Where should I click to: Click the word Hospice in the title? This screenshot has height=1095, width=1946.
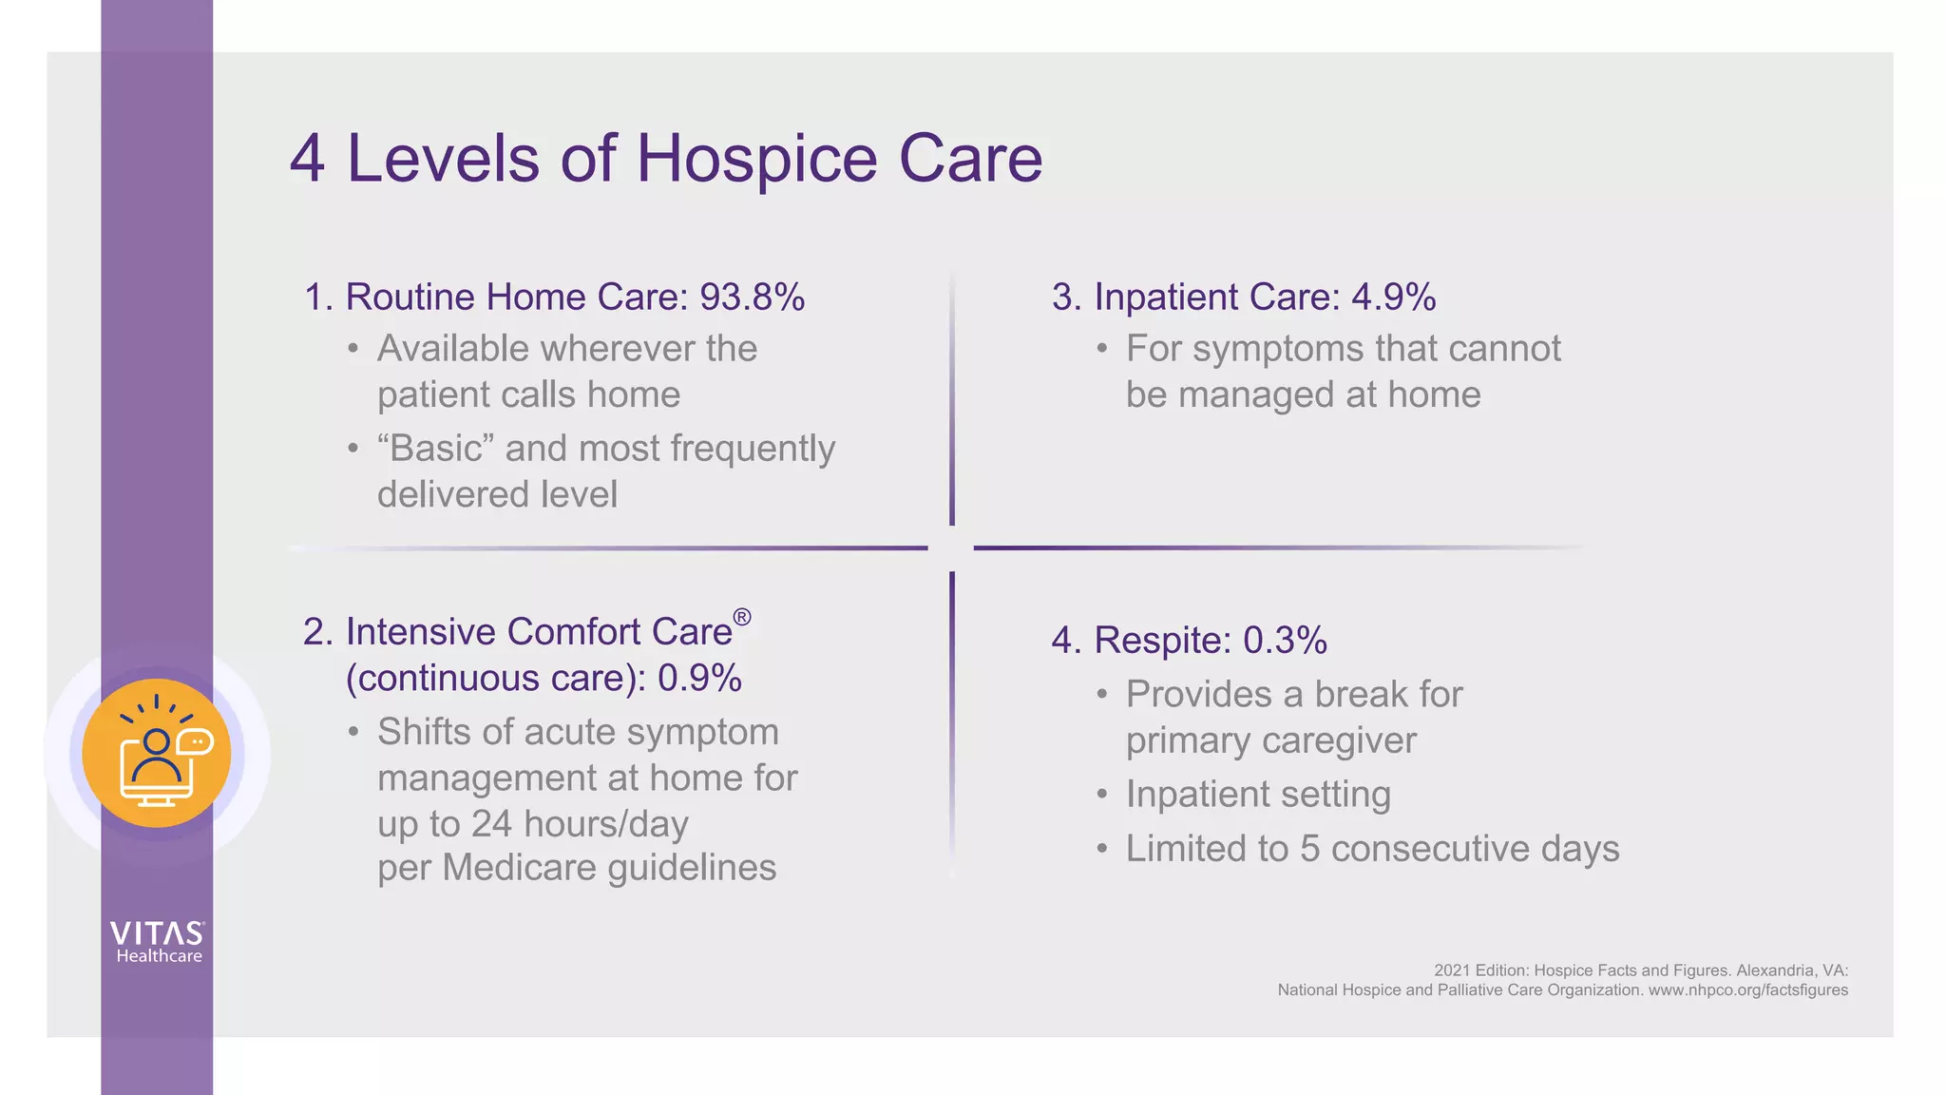pyautogui.click(x=756, y=159)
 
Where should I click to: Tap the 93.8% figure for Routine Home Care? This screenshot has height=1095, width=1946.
pyautogui.click(x=752, y=297)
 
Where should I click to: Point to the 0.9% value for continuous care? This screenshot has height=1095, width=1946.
pyautogui.click(x=699, y=678)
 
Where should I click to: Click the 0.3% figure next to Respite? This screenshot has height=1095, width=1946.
pyautogui.click(x=1285, y=640)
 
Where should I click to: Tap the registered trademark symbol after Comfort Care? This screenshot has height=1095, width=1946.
pyautogui.click(x=742, y=618)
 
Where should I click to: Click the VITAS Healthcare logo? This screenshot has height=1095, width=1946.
pyautogui.click(x=158, y=942)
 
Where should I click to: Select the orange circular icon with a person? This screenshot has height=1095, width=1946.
pyautogui.click(x=157, y=753)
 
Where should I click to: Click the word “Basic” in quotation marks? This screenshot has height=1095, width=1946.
pyautogui.click(x=435, y=448)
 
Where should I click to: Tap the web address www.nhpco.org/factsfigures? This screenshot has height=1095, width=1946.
pyautogui.click(x=1747, y=989)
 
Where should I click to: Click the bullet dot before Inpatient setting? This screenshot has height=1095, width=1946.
pyautogui.click(x=1101, y=795)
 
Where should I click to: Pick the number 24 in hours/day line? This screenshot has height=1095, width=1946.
pyautogui.click(x=491, y=823)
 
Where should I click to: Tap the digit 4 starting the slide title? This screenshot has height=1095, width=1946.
pyautogui.click(x=308, y=159)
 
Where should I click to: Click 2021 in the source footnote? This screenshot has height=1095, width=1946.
pyautogui.click(x=1451, y=970)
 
